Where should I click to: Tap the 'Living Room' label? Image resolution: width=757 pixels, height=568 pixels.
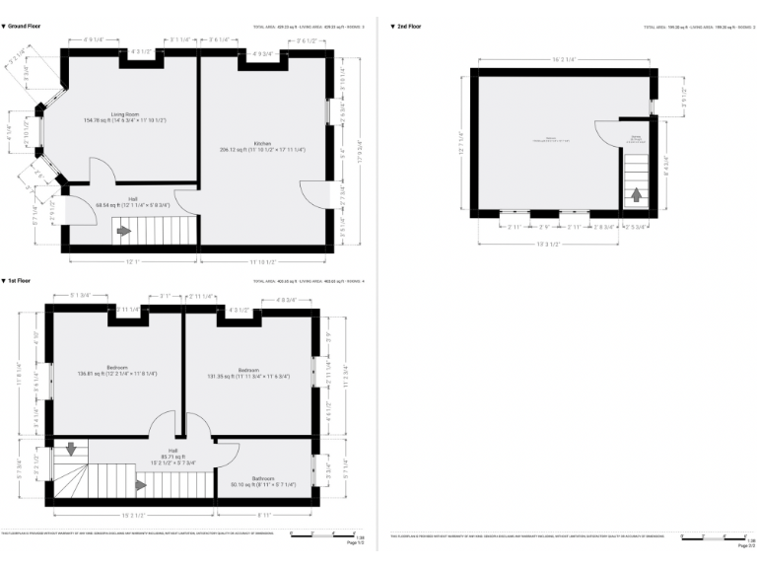click(124, 114)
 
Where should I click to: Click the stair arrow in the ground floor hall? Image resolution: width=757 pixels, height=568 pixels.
click(124, 232)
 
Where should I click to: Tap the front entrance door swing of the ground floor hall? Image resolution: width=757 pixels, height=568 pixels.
click(79, 208)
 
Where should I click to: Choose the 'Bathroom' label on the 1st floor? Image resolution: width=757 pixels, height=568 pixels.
click(262, 480)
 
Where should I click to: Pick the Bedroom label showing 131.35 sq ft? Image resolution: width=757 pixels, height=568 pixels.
click(247, 372)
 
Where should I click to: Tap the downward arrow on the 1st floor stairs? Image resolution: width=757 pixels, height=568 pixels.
click(70, 451)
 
